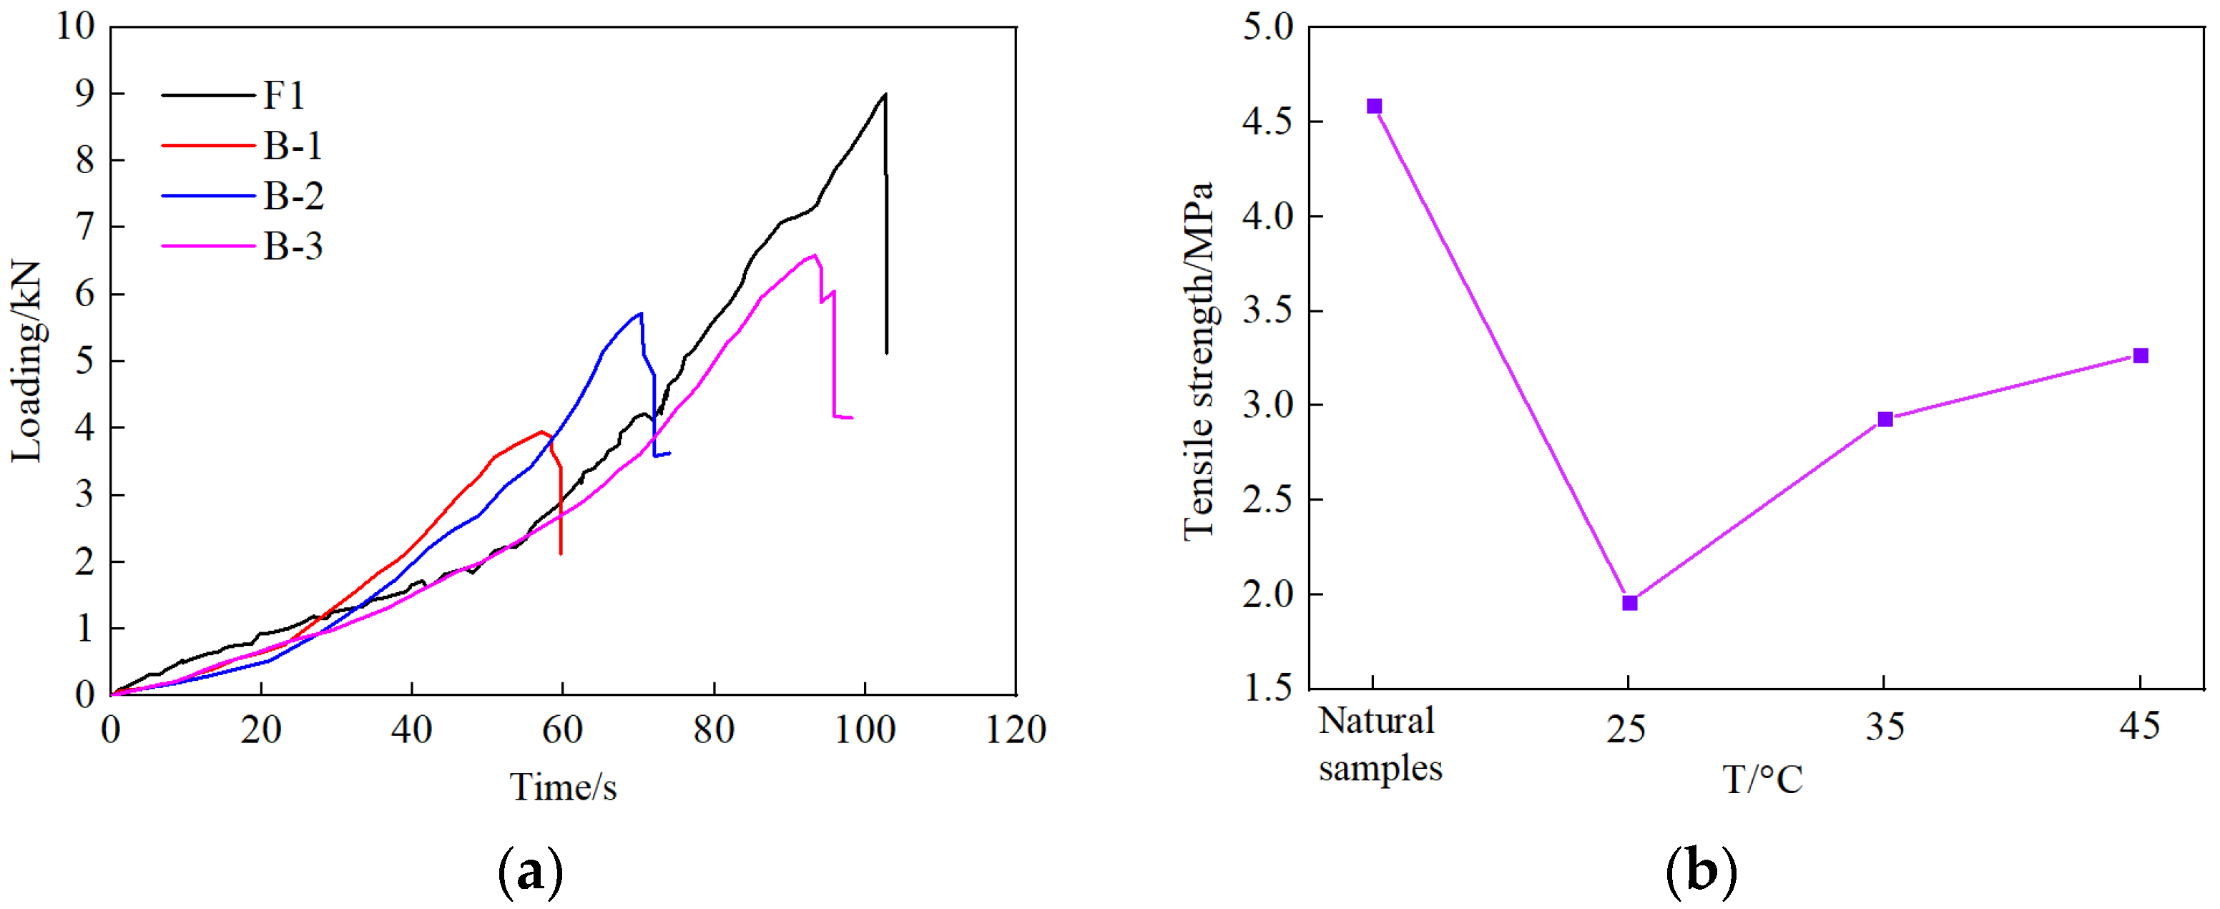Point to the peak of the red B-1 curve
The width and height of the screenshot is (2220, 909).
coord(541,432)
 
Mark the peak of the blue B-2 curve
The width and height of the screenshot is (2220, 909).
coord(640,314)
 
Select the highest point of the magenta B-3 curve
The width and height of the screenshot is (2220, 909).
coord(815,255)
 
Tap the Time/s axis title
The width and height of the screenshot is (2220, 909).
coord(563,787)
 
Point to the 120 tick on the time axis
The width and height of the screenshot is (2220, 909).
coord(1015,729)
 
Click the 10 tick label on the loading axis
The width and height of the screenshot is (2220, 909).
coord(76,26)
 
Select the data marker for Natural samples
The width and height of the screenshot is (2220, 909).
coord(1374,107)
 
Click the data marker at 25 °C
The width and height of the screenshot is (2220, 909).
coord(1629,603)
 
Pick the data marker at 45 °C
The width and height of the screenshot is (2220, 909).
coord(2140,356)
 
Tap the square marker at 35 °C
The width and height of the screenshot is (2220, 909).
coord(1885,420)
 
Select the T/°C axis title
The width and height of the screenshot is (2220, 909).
coord(1762,780)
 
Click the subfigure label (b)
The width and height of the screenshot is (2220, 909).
coord(1700,871)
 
